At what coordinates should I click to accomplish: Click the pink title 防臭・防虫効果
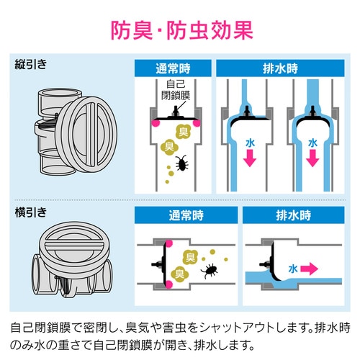click(x=180, y=30)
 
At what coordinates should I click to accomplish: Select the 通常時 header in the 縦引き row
click(x=174, y=70)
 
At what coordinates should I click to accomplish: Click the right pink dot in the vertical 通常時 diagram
click(x=194, y=124)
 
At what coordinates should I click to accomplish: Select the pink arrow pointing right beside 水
click(x=308, y=269)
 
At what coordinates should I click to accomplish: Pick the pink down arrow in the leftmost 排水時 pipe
click(x=247, y=159)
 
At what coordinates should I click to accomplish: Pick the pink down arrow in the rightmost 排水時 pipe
click(x=312, y=159)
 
